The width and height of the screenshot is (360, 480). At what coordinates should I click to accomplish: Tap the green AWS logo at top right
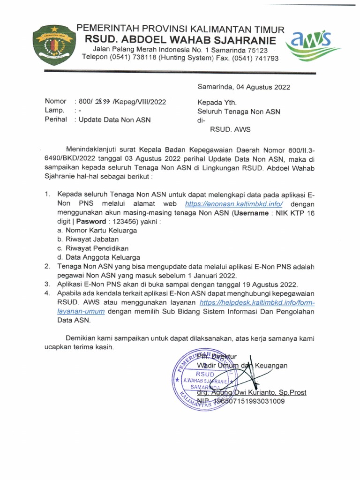317,43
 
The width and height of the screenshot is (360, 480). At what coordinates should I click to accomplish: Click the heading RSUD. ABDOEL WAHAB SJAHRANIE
187,40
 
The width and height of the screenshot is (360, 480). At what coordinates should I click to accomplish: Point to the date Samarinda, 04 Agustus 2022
244,87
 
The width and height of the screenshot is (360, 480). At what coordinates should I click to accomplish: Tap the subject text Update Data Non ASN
114,120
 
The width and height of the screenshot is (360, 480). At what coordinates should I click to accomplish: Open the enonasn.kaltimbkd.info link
234,204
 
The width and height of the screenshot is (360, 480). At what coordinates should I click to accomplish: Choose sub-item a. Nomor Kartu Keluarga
97,231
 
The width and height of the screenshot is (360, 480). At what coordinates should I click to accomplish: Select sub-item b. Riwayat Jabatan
90,240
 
